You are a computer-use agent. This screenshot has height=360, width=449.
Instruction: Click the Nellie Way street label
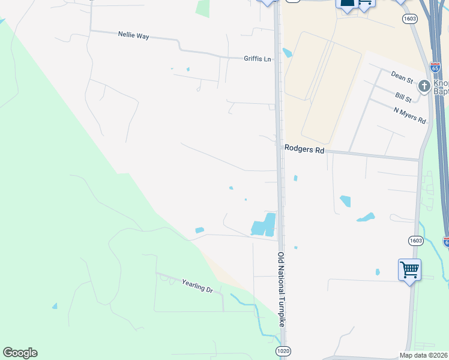[134, 36]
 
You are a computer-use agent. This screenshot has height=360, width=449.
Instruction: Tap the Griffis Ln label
[258, 59]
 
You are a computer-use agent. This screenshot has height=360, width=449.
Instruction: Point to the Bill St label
[403, 97]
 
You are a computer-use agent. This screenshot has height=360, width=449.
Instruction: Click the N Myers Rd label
[410, 115]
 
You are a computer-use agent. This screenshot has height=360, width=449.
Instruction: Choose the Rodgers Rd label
[304, 149]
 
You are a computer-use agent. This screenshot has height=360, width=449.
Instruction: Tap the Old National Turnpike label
[281, 290]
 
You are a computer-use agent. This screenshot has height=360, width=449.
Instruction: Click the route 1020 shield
[283, 350]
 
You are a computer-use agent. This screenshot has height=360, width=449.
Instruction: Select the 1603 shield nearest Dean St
[411, 19]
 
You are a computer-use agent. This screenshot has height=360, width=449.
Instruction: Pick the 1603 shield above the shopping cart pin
[415, 241]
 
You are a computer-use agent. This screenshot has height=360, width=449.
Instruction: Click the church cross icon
[424, 87]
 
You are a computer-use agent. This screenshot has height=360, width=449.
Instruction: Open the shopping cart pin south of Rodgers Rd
[409, 270]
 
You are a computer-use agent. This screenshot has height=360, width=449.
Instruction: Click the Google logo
[20, 353]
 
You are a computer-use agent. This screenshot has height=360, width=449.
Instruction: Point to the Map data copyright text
[424, 355]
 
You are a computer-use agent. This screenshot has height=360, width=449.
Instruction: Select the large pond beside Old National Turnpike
[264, 225]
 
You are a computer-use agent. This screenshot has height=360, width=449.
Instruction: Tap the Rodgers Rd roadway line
[372, 156]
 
